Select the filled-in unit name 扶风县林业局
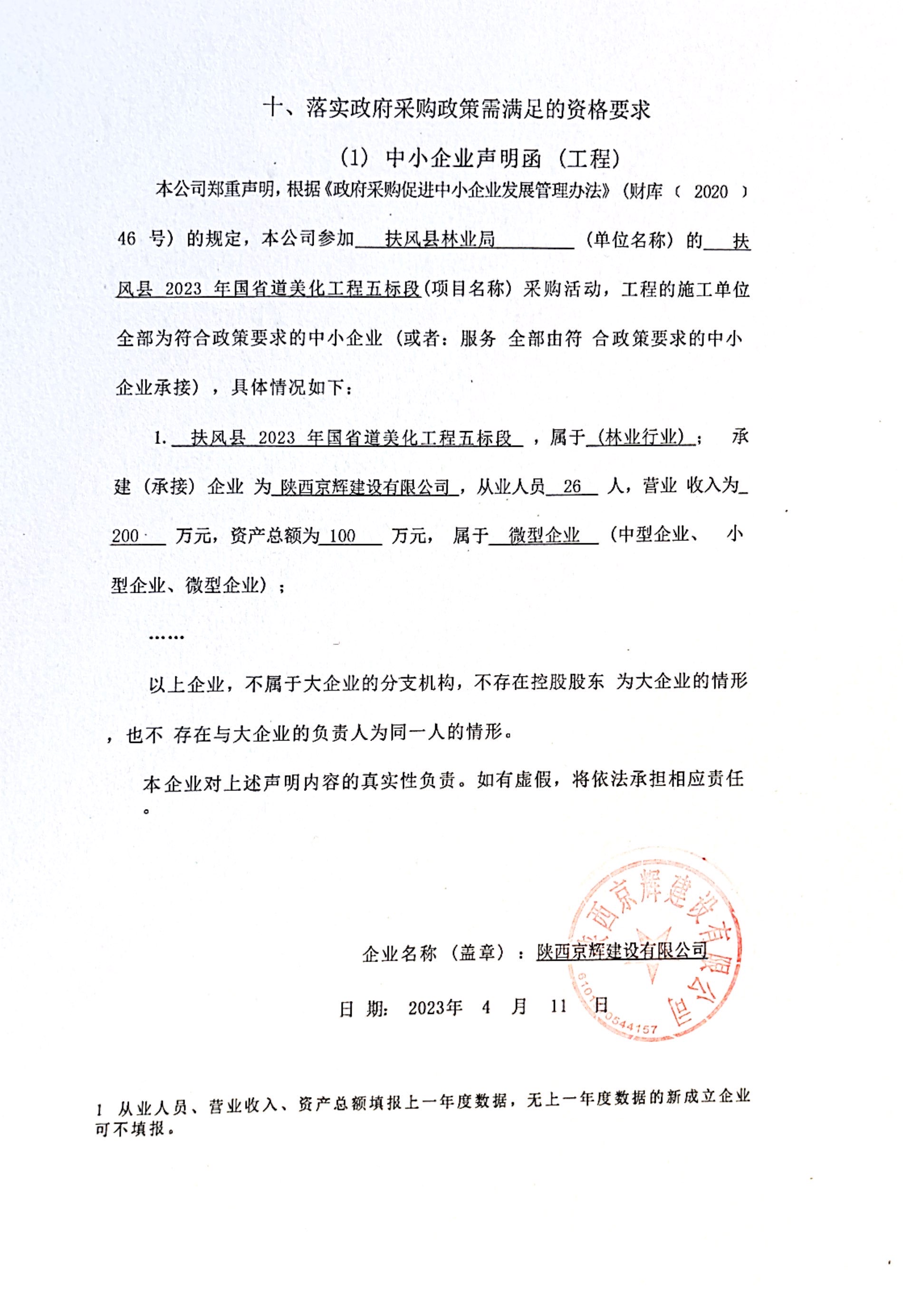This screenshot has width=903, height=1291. point(440,240)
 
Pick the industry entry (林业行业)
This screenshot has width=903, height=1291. point(640,437)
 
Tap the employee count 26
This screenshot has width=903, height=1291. point(571,486)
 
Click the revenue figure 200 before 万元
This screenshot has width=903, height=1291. point(125,536)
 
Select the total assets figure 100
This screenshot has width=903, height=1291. point(342,536)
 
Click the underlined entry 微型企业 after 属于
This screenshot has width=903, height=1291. point(544,535)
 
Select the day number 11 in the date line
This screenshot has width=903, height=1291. point(558,1006)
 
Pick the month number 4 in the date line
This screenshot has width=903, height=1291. point(486,1006)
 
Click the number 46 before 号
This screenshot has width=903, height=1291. point(126,240)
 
